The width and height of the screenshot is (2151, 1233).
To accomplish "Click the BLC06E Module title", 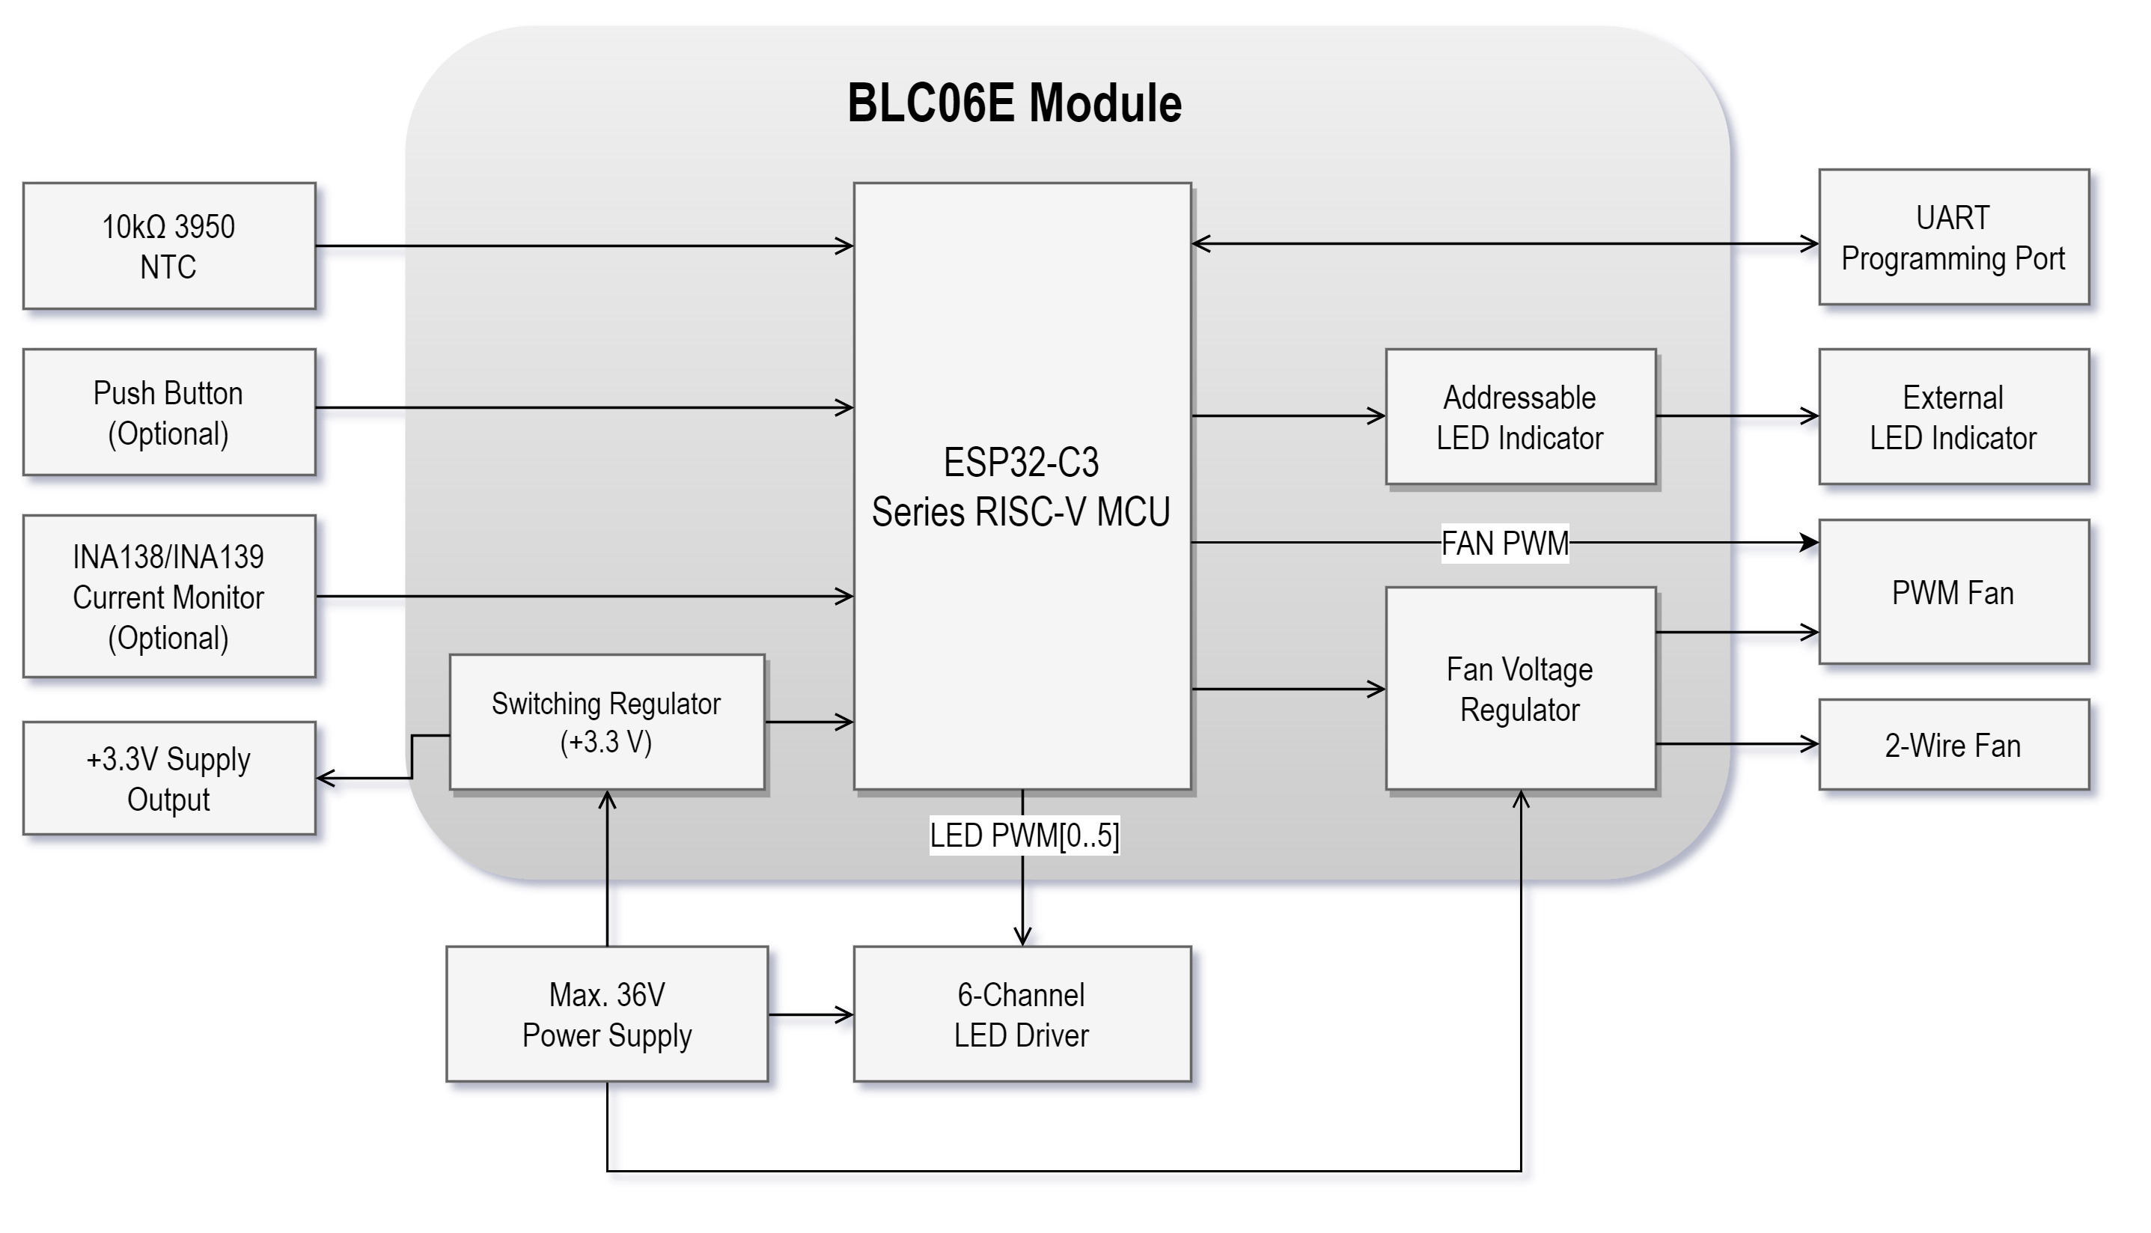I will point(1014,103).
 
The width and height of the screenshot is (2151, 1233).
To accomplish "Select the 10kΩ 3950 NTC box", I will point(168,246).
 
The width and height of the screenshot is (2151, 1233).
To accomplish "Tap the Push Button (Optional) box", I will point(168,412).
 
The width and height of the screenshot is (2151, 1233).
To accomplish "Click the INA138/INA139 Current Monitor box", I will point(168,596).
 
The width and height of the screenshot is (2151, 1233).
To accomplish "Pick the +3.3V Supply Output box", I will point(168,779).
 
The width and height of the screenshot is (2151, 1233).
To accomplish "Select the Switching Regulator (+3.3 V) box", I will point(606,722).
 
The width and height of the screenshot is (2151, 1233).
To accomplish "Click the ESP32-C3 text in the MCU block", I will point(1021,463).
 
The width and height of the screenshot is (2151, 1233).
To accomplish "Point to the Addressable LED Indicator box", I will point(1519,417).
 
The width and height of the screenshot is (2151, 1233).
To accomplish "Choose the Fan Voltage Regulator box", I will point(1519,689).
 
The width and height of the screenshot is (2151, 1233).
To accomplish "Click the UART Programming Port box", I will point(1953,238).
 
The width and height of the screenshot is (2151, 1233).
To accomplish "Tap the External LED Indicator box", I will point(1953,417).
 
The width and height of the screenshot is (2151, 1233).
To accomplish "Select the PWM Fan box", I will point(1953,592).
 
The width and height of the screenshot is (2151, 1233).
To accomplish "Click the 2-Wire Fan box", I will point(1953,745).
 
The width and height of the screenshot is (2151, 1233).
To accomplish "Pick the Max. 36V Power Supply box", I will point(606,1014).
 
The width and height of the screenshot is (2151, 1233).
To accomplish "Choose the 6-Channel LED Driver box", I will point(1021,1014).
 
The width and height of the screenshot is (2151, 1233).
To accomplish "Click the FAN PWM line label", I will point(1504,543).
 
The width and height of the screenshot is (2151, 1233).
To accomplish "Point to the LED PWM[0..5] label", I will point(1023,835).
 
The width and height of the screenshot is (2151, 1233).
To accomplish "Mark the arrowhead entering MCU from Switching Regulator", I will point(846,722).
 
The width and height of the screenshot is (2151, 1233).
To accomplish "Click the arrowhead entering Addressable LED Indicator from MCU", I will point(1377,415).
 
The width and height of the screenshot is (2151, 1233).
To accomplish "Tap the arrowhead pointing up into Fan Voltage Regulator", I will point(1521,799).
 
